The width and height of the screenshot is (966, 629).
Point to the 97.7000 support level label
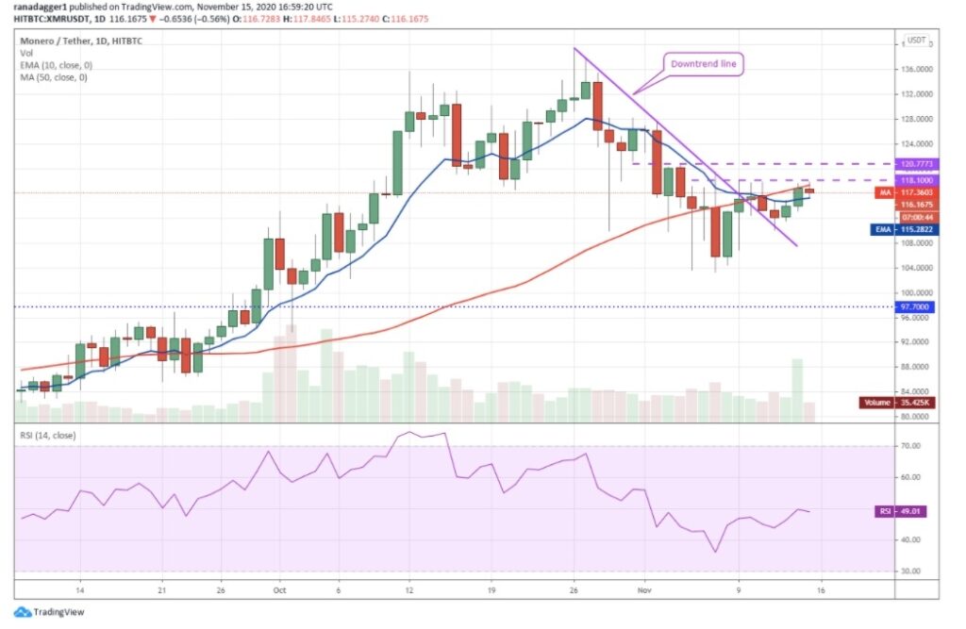(917, 306)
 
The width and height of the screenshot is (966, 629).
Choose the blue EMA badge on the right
(883, 228)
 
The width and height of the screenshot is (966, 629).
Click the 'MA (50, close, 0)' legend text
(56, 77)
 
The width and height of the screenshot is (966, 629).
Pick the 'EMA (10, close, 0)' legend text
(58, 66)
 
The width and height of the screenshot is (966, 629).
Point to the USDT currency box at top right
(918, 41)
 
